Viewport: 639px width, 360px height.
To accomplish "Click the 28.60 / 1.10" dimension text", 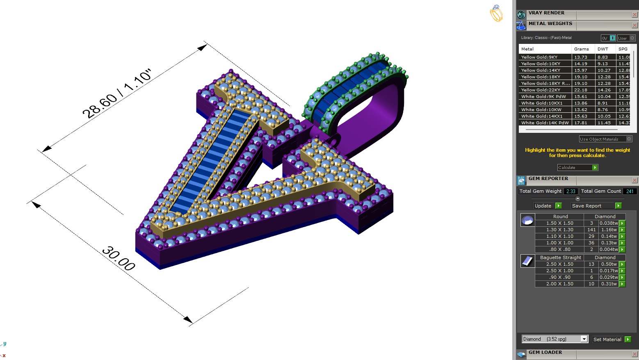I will tap(117, 94).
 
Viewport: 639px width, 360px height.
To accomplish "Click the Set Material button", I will tap(611, 339).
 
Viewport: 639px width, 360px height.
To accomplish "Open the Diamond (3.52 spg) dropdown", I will tap(584, 339).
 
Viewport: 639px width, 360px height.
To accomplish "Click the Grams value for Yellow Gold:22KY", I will tap(581, 90).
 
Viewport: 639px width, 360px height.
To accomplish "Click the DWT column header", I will tap(602, 49).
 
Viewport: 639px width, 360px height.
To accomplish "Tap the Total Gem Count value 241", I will tap(630, 191).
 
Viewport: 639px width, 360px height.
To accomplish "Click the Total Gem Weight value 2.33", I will tap(571, 191).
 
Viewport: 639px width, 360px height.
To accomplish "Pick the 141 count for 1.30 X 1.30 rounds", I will tap(591, 230).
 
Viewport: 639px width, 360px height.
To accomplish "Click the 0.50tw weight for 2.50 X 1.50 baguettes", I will tap(609, 264).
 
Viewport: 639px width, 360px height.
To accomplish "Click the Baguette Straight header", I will tap(560, 257).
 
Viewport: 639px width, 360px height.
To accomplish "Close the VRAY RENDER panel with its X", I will tap(634, 15).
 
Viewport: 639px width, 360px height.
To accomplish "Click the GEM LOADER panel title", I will tap(545, 352).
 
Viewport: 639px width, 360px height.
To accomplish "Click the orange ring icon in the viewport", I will tap(496, 14).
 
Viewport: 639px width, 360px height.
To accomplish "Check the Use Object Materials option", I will tap(629, 139).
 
